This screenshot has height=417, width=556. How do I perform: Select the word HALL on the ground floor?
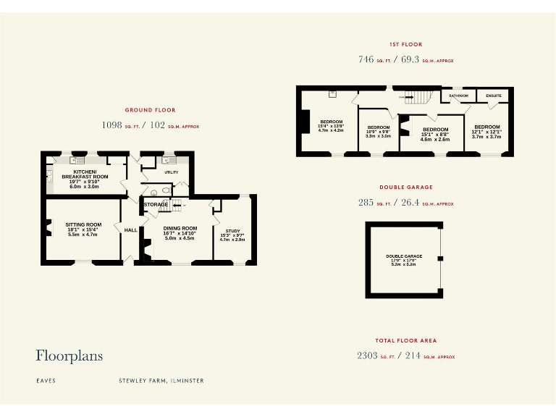[131, 230]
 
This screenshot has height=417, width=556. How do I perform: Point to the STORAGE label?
[156, 205]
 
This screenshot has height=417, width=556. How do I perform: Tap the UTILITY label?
[172, 173]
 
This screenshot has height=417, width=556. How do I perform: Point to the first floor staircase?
[418, 95]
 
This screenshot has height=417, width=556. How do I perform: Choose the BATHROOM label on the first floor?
[458, 96]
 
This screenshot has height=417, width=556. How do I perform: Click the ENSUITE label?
[494, 96]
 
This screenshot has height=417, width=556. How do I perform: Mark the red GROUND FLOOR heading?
[150, 110]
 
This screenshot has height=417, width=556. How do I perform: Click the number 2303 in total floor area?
[367, 355]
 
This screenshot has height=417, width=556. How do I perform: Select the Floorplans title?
[69, 355]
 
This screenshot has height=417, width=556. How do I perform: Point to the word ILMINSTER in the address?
[187, 380]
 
